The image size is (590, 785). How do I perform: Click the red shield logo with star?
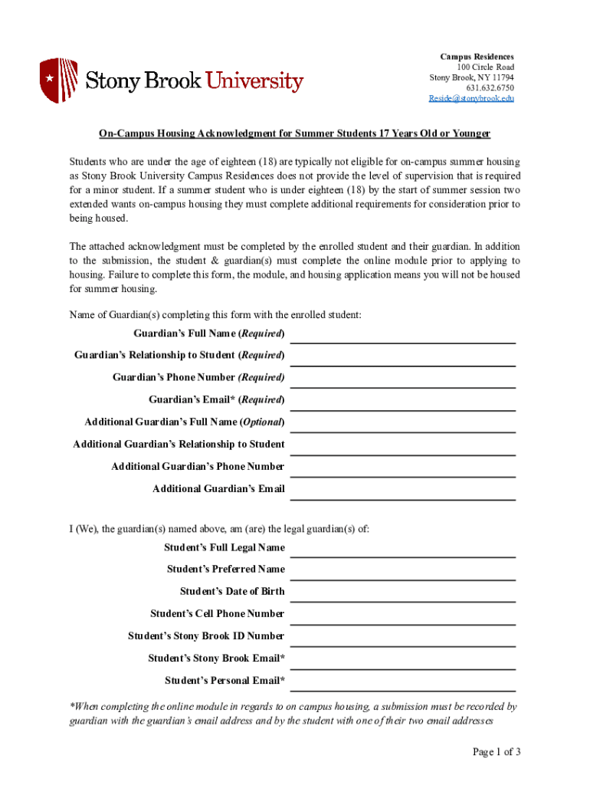(x=58, y=80)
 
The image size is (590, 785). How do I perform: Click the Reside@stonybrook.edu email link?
(x=470, y=99)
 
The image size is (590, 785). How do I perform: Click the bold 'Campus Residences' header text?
(x=477, y=57)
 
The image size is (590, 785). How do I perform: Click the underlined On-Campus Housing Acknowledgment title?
(x=294, y=134)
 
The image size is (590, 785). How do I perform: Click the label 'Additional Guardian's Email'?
(x=218, y=489)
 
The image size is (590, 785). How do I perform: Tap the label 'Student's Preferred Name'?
(x=226, y=570)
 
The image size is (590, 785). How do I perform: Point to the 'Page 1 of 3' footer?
(x=497, y=752)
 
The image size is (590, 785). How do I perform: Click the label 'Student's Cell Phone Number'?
(x=218, y=614)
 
